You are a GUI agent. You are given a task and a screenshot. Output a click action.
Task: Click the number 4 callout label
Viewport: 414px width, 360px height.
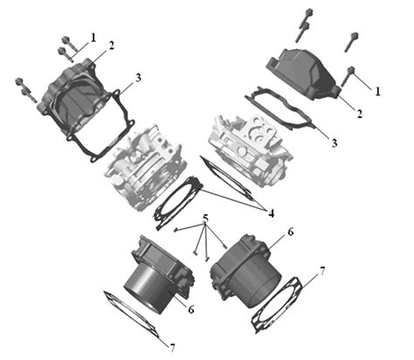[x=271, y=214]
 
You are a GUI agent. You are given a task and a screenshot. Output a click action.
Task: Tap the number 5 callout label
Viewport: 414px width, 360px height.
[x=205, y=218]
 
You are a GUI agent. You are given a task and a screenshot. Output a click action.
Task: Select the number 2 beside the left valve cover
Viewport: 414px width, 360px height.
[x=112, y=45]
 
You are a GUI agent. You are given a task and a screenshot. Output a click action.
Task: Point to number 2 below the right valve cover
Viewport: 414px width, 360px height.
[x=360, y=114]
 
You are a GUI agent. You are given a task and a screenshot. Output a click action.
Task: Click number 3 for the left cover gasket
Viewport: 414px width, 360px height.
[x=138, y=78]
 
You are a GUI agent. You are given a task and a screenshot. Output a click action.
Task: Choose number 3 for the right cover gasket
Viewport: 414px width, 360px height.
[x=335, y=143]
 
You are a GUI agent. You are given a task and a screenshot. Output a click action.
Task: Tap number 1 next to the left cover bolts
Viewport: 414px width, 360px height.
[x=93, y=38]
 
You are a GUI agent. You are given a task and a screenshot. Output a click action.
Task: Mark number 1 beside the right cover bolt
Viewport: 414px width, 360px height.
[x=377, y=92]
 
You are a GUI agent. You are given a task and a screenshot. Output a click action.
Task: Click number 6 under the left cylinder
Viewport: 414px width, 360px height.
[x=190, y=309]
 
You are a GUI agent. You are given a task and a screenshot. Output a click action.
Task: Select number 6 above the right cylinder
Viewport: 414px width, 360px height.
[x=290, y=232]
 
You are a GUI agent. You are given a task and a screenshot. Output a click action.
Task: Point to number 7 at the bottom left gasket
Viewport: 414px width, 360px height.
[x=172, y=348]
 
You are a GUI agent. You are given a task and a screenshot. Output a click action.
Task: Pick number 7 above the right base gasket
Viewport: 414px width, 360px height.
[x=321, y=272]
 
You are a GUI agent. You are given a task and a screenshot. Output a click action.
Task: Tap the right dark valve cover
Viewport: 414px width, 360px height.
[x=303, y=73]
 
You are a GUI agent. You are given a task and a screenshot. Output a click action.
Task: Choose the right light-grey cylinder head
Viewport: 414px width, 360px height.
[x=251, y=149]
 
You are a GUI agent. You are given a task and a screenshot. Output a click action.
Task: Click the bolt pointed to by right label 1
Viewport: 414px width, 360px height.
[x=348, y=76]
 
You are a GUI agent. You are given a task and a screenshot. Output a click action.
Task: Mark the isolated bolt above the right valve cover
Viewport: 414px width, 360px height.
[x=351, y=42]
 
